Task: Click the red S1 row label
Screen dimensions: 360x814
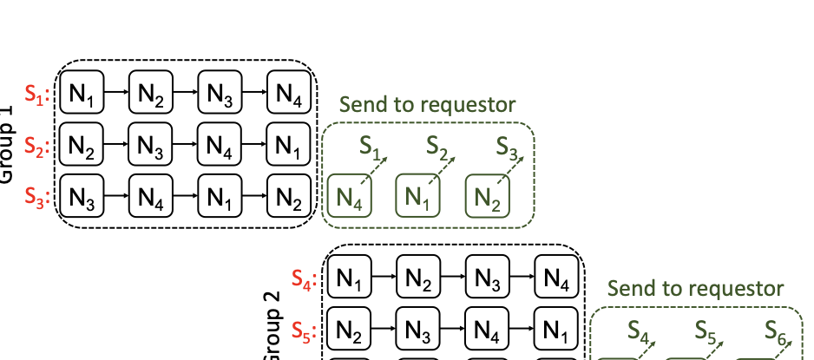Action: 36,96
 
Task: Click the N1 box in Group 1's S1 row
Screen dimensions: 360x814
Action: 82,95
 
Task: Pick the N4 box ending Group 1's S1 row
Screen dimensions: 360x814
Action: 289,95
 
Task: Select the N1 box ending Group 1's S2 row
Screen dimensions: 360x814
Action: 289,146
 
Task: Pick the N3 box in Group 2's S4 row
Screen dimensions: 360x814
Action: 487,280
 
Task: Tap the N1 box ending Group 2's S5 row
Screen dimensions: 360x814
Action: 556,331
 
